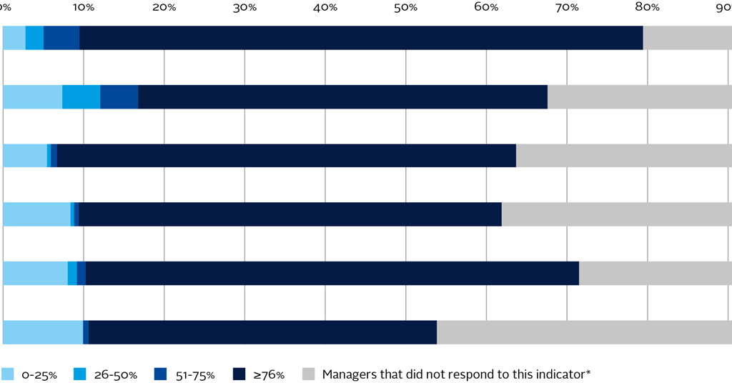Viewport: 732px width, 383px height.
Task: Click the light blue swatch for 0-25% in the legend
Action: (9, 374)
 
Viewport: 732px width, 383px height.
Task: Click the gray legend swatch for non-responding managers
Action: (309, 374)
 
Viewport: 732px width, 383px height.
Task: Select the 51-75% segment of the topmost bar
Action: (61, 38)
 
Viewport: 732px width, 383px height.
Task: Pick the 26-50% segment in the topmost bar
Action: (34, 38)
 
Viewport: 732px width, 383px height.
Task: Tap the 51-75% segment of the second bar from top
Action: (119, 96)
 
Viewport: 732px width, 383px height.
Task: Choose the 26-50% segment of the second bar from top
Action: (81, 96)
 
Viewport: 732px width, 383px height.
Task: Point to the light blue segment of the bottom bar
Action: (43, 332)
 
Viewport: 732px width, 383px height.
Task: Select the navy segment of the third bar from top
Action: (286, 156)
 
